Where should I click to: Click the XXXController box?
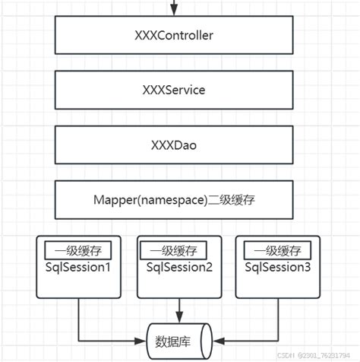[x=174, y=36]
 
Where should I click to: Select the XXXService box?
[x=174, y=90]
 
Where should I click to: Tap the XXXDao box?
[x=174, y=145]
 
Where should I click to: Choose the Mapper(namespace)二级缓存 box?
[x=174, y=200]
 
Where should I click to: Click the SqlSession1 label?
[x=78, y=267]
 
